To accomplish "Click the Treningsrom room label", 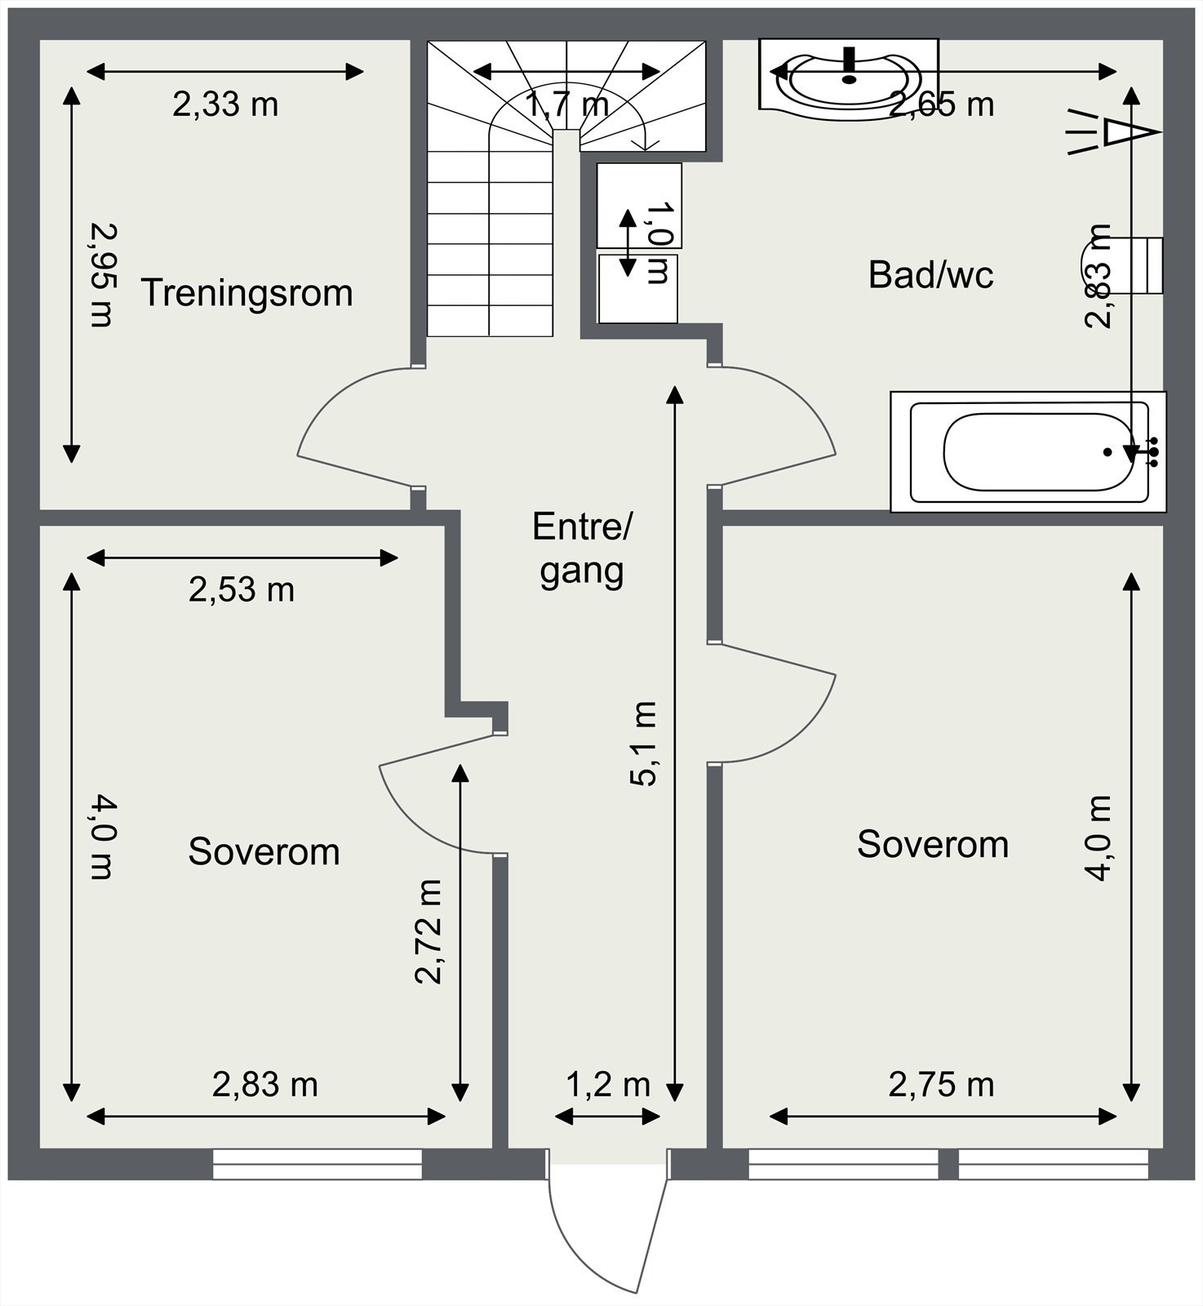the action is point(247,293).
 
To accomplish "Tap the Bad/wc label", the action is point(931,274).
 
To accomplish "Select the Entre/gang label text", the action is point(582,549).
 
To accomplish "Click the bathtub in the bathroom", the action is point(1028,452).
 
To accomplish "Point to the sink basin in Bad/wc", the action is point(849,73).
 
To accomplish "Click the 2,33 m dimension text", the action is point(225,104).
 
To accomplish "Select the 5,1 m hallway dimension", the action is point(644,743).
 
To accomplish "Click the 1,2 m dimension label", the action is point(608,1085).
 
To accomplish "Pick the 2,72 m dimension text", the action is point(428,931).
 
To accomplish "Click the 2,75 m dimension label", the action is point(942,1085).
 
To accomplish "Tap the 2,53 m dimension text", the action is point(242,589).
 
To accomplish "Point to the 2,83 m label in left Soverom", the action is point(265,1085).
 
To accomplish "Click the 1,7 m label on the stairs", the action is point(567,104).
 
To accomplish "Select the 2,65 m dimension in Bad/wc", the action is point(942,104).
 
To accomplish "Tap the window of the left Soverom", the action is point(317,1164).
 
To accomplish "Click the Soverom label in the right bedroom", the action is point(933,844).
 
